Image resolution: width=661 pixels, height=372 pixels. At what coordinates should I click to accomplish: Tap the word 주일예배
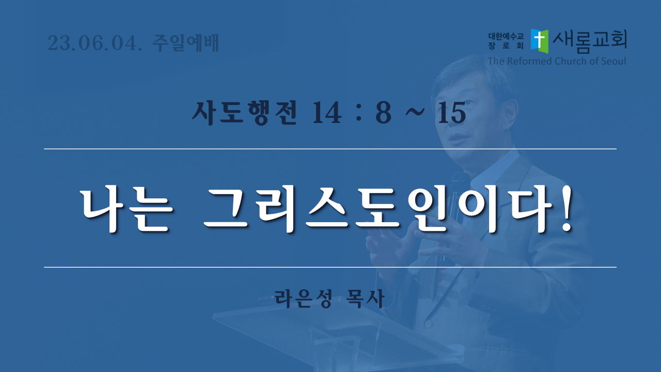185,43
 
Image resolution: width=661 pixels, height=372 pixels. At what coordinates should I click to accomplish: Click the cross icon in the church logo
540,41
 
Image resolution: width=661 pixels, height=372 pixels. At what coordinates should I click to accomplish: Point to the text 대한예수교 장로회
506,41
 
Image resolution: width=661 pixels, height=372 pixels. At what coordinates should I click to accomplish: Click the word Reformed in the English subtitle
530,61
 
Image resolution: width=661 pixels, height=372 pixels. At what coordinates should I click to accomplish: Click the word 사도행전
244,113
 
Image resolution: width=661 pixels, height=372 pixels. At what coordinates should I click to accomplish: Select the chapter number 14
327,113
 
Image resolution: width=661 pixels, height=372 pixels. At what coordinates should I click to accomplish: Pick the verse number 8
383,113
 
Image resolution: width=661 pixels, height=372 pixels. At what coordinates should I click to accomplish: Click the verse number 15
452,113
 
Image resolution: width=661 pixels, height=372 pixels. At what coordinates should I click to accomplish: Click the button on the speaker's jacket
429,324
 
